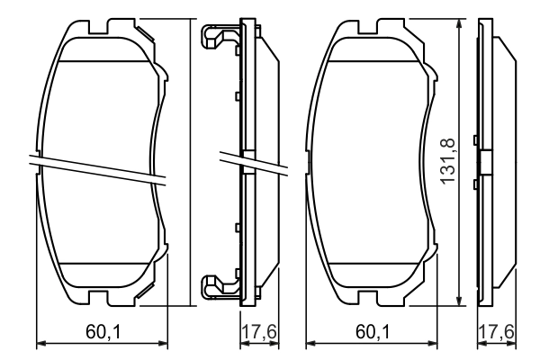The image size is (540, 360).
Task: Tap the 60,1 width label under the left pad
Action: coord(103,332)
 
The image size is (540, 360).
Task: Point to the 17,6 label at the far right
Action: coord(496,332)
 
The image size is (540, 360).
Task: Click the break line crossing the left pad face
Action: coord(99,168)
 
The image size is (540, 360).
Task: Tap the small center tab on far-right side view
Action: coord(485,163)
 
